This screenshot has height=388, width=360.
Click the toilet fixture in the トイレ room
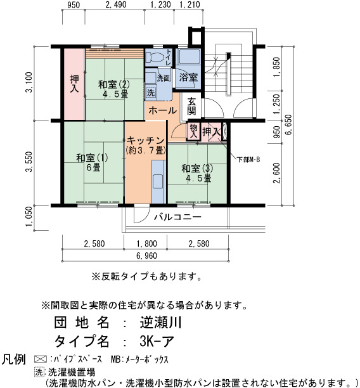(x=155, y=58)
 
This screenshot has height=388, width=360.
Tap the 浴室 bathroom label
(x=188, y=78)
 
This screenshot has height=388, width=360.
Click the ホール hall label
(x=162, y=110)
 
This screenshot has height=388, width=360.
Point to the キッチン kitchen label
(x=145, y=141)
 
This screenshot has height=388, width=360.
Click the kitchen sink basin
(x=158, y=181)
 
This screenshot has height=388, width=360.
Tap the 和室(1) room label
(x=93, y=158)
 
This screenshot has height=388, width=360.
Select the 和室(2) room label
(x=114, y=84)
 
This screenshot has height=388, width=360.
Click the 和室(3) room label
(x=197, y=169)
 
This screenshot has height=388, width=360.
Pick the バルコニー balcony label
(x=177, y=217)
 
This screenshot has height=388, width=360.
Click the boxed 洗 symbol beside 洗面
(x=150, y=93)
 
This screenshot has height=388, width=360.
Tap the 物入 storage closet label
(x=193, y=131)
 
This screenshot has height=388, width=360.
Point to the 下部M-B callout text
(x=248, y=160)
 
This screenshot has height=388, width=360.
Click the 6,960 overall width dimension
(x=146, y=256)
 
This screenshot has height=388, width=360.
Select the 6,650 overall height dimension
(x=288, y=125)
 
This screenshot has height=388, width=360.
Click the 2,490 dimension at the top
(x=116, y=4)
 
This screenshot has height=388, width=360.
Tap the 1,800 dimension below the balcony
(x=146, y=243)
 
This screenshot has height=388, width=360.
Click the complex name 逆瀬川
(x=160, y=322)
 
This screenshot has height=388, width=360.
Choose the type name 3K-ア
(x=157, y=341)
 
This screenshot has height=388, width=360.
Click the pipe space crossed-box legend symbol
(x=41, y=359)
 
